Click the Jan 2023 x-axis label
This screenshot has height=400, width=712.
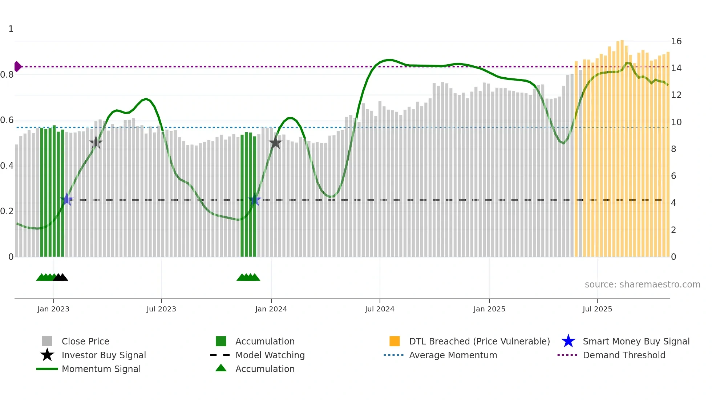[53, 309]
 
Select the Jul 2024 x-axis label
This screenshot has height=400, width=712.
[380, 309]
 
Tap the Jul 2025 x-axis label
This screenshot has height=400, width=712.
[597, 309]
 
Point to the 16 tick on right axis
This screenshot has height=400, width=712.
[676, 41]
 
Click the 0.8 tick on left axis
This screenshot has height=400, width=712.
[7, 75]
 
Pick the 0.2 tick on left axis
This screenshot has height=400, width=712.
[7, 211]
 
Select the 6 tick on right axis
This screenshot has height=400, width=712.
[673, 176]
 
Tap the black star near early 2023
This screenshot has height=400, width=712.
[96, 143]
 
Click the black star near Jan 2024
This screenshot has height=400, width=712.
[275, 142]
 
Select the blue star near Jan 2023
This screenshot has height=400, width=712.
[67, 199]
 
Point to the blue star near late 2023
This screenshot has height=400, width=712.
[255, 200]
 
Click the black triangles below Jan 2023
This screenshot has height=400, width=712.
[61, 277]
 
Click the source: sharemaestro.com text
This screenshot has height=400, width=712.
[642, 285]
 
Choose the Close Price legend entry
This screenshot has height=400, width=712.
[85, 341]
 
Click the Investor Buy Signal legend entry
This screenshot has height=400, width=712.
[104, 355]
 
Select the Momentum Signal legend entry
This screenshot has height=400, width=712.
[101, 369]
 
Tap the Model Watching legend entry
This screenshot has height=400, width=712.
[270, 355]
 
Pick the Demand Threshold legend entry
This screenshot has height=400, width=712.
[624, 355]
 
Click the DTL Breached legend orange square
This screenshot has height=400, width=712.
[395, 341]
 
